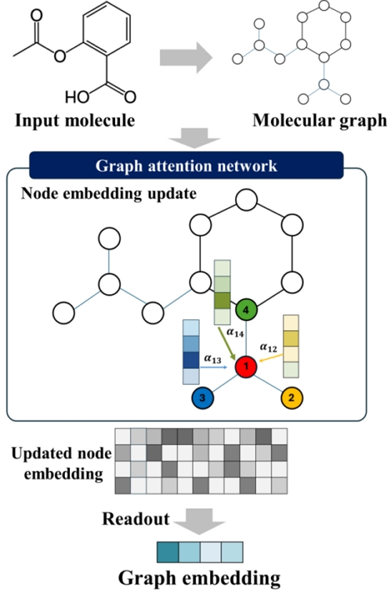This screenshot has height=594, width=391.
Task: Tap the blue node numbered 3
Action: click(x=201, y=398)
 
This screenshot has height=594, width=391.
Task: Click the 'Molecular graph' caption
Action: click(x=320, y=121)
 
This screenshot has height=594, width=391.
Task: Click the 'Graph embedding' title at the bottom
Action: click(x=199, y=578)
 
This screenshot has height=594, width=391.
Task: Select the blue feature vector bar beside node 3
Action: click(x=190, y=352)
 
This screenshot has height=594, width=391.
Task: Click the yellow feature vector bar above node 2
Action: click(x=291, y=346)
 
